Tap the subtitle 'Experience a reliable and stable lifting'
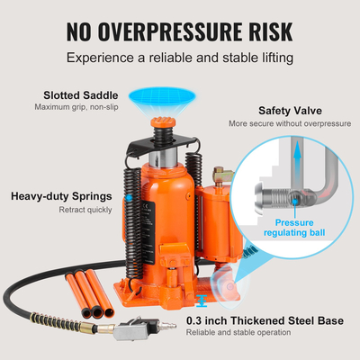[180, 58]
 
